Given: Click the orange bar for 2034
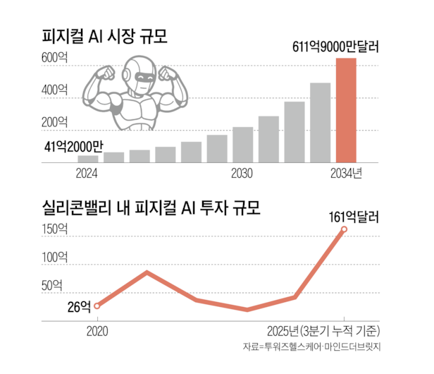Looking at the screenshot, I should [345, 110].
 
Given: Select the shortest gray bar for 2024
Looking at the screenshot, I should [89, 159].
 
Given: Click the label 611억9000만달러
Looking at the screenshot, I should [335, 49].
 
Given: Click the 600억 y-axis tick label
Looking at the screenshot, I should [55, 58].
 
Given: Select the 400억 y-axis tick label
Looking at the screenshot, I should [55, 90].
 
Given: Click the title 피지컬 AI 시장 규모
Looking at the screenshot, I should [108, 35].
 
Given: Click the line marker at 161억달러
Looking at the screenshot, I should [345, 229].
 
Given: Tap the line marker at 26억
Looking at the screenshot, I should [97, 306].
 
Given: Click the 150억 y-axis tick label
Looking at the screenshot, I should [55, 229].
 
